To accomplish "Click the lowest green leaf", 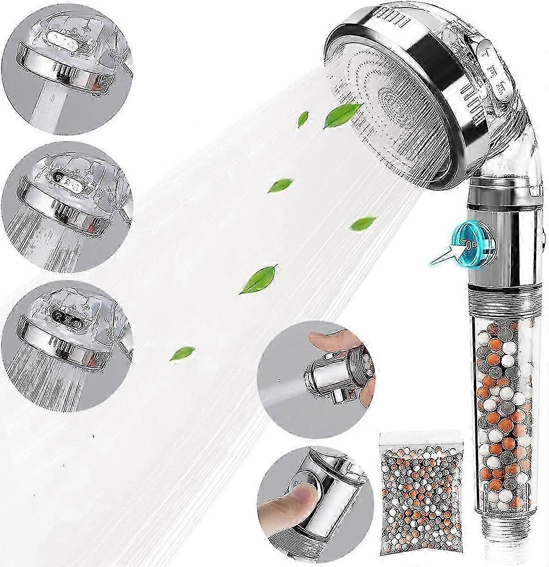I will coord(180,352).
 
